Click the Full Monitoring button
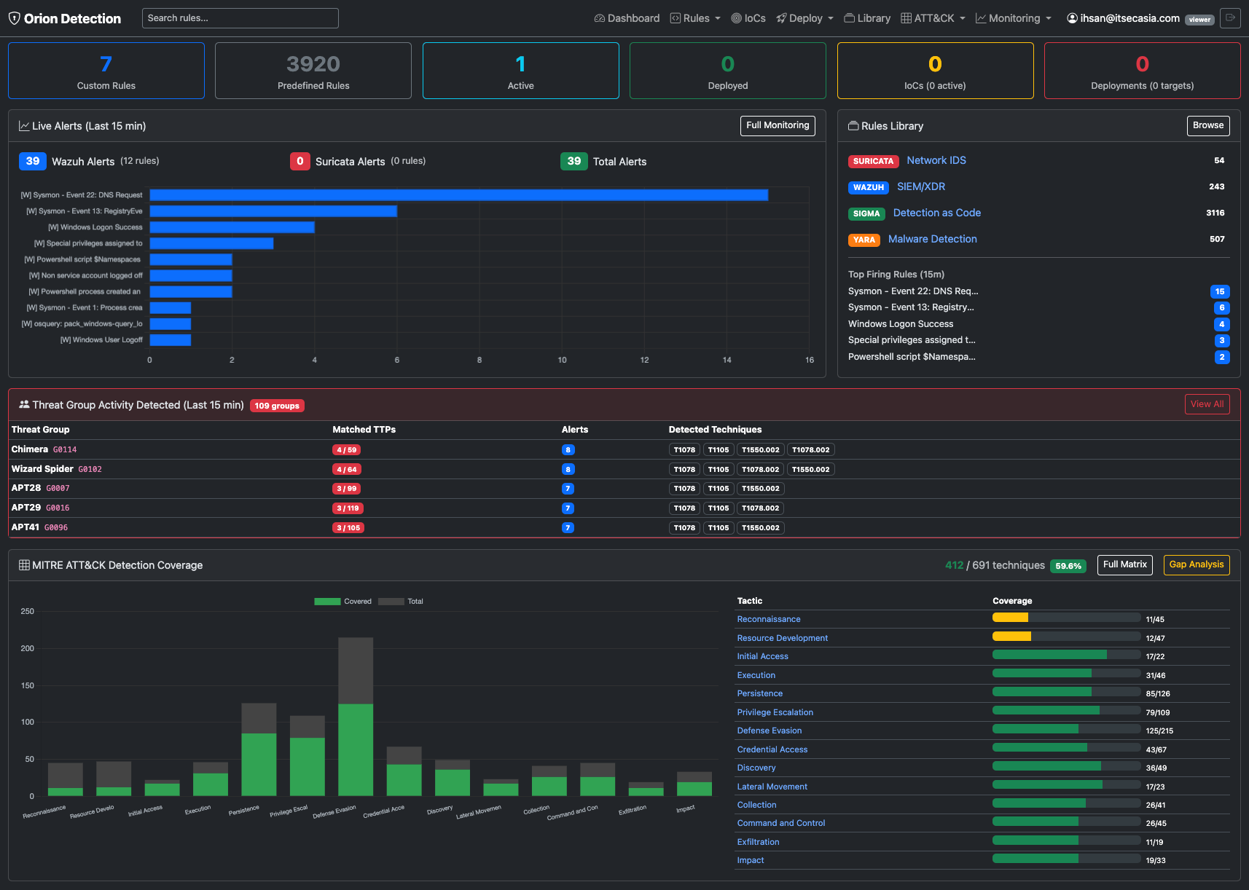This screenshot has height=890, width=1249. point(778,125)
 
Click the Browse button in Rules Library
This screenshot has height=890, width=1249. point(1207,125)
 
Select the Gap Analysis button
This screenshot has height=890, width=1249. point(1196,564)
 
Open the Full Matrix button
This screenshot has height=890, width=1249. point(1124,564)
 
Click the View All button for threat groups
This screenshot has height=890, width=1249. point(1207,404)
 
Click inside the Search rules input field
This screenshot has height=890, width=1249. point(240,17)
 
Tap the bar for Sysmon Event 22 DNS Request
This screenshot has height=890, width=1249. point(458,194)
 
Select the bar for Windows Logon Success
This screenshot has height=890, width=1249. point(232,227)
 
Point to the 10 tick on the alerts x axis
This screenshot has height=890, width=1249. point(562,360)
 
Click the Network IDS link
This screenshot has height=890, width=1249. point(936,160)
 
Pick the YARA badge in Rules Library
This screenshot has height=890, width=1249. point(864,240)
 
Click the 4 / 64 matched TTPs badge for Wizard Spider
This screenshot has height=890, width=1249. point(346,469)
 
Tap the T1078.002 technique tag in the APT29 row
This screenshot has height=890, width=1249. point(760,508)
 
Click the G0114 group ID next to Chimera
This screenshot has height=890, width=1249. point(65,450)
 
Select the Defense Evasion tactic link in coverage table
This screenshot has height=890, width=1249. point(769,730)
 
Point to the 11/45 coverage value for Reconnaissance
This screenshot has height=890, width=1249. point(1155,619)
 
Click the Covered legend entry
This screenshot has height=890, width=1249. point(342,602)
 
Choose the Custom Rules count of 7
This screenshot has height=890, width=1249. point(106,64)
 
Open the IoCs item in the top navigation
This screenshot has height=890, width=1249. point(748,18)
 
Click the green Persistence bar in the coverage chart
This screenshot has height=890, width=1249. point(259,765)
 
